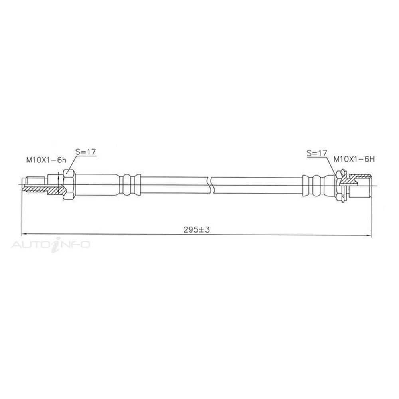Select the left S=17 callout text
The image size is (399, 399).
(85, 152)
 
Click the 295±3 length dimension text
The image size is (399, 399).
(197, 230)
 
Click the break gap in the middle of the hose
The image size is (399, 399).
(211, 184)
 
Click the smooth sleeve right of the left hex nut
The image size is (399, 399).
(96, 185)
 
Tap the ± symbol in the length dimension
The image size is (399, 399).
(201, 230)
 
